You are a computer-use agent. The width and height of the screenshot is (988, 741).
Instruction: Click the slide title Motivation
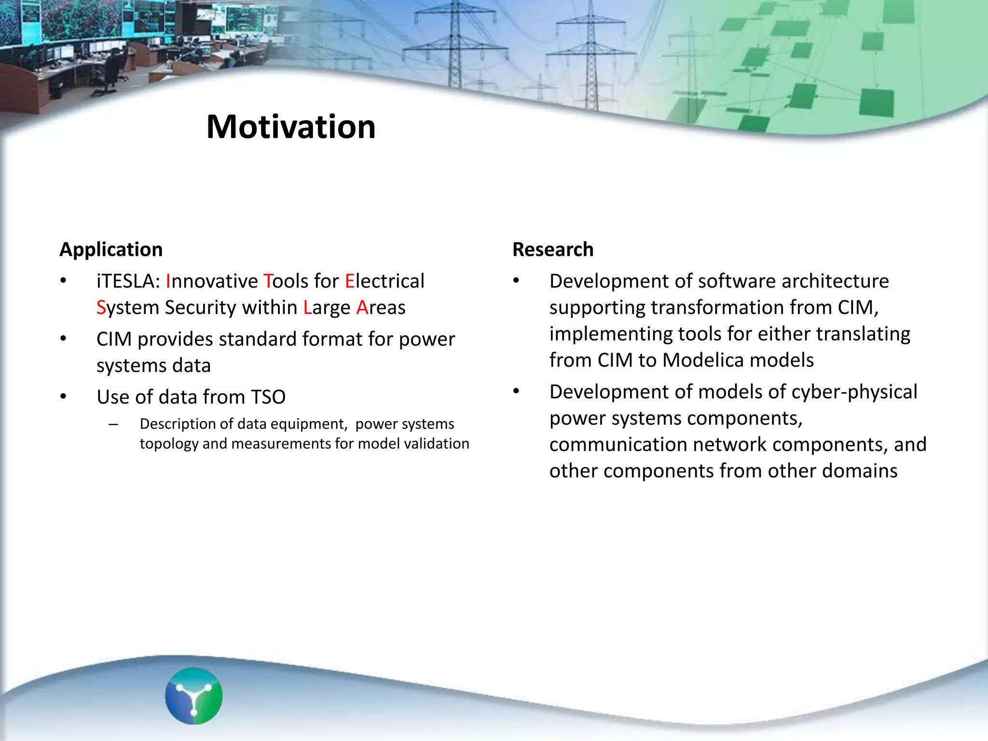(x=291, y=127)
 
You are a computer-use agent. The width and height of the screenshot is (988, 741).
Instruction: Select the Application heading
(x=111, y=249)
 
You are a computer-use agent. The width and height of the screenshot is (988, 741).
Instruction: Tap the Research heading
(x=552, y=249)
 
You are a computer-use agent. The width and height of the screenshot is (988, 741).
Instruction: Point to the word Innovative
(x=212, y=281)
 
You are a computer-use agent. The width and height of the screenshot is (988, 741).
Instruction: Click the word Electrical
(x=384, y=281)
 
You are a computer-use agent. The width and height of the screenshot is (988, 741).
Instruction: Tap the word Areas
(x=381, y=308)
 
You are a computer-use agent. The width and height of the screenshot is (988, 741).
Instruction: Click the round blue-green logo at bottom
(x=193, y=696)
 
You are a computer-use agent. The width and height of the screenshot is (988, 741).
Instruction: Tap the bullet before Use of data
(x=63, y=397)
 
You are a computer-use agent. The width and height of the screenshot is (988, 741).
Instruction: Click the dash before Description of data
(x=113, y=425)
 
